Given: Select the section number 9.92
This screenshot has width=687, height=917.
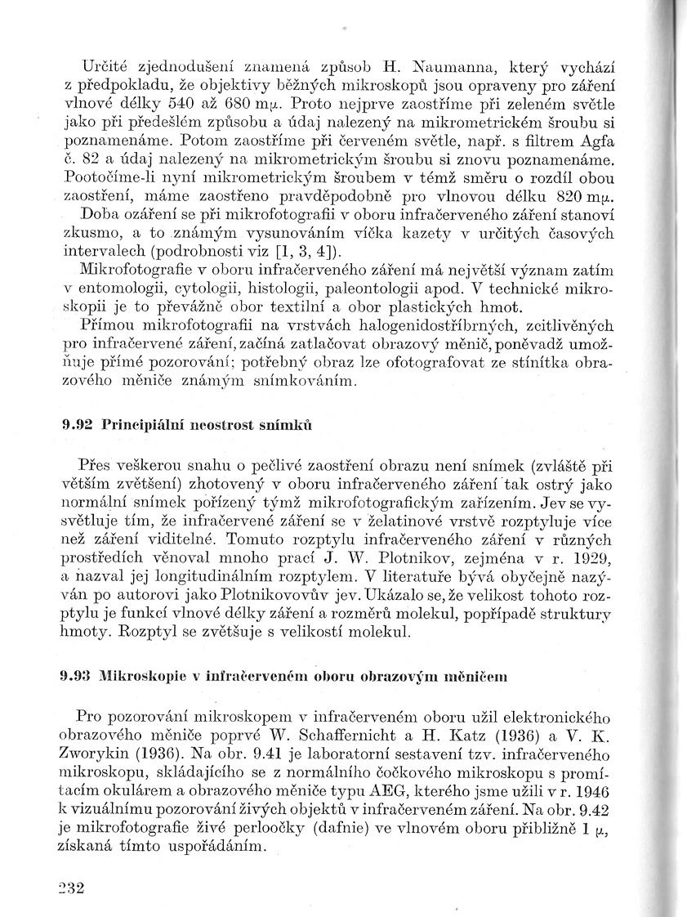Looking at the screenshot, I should (77, 425).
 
